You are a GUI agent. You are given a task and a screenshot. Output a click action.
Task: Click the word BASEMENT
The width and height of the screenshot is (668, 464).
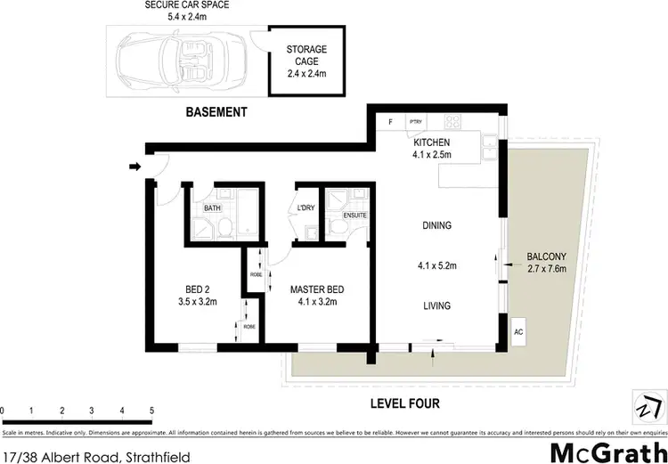(216, 112)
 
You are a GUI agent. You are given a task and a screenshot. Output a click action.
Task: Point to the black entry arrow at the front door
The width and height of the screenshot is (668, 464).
(134, 166)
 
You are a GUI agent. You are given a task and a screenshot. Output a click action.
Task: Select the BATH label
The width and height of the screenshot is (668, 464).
(212, 208)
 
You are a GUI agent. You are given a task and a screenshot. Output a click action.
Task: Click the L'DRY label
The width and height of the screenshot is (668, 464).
(307, 208)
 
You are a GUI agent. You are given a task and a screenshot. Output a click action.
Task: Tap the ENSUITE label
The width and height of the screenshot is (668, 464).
(354, 215)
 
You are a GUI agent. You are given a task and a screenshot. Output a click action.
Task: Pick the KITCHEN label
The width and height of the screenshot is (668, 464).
(432, 142)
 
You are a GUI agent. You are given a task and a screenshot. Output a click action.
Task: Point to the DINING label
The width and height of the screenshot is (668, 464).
(436, 226)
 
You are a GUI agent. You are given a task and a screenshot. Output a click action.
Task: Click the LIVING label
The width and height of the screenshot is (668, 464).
(436, 306)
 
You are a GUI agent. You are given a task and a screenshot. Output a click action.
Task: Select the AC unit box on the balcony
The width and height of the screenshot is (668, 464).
(518, 331)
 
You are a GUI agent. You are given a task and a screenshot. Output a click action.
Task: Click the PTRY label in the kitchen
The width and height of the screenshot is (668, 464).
(415, 121)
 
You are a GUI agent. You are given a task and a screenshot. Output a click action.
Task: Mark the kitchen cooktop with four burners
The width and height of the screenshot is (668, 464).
(452, 122)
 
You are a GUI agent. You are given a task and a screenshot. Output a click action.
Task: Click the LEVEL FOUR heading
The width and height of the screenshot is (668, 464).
(405, 403)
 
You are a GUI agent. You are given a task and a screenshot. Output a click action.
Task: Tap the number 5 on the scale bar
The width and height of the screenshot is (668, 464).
(152, 411)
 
